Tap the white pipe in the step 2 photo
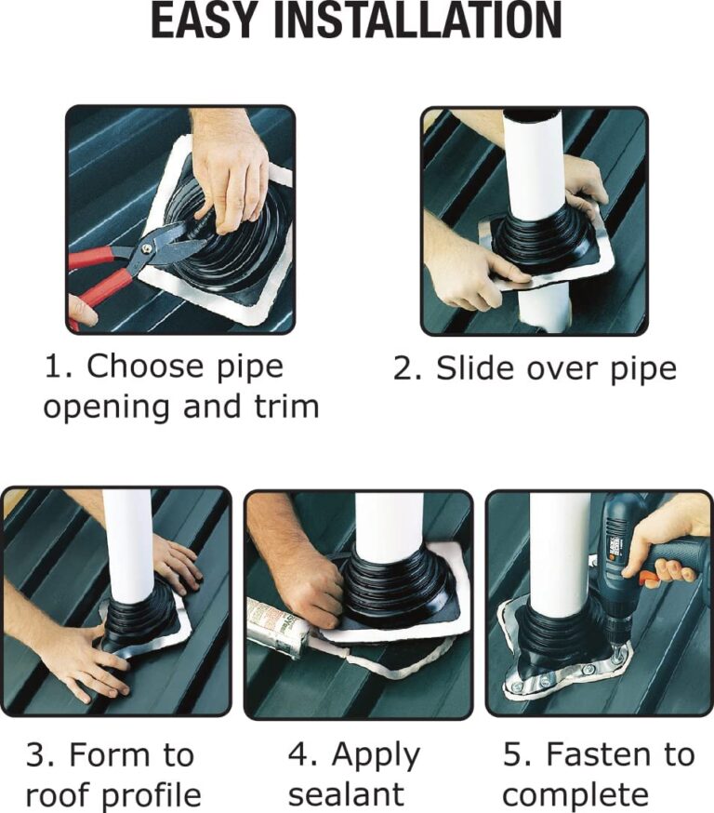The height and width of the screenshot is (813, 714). (533, 166)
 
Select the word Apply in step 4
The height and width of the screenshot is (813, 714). (376, 755)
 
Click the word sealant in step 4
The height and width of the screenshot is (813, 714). (346, 794)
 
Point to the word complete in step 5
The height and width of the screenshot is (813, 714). (575, 794)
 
